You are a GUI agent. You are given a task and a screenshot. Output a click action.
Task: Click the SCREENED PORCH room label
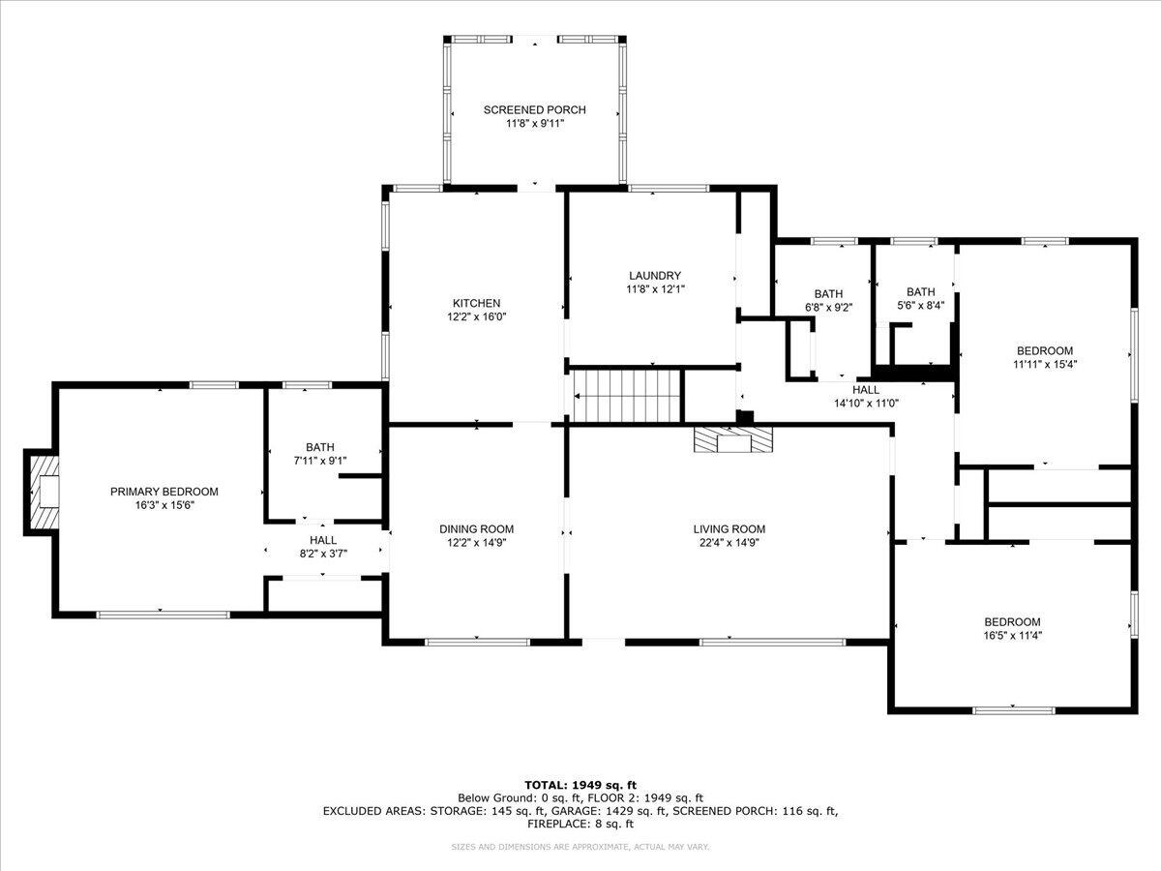[535, 110]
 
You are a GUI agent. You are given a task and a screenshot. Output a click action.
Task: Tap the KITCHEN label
[477, 303]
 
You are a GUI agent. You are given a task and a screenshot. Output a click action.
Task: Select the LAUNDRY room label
[655, 276]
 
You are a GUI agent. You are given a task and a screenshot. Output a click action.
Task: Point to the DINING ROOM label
[477, 528]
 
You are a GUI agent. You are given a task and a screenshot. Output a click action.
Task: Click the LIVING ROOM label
[729, 528]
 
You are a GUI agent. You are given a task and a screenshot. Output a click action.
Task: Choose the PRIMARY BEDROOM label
[164, 492]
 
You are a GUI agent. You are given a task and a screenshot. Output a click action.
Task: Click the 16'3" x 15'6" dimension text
[165, 505]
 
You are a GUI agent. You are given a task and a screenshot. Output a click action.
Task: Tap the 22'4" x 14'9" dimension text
[729, 543]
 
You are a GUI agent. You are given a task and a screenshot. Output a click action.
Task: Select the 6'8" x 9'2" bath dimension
[829, 307]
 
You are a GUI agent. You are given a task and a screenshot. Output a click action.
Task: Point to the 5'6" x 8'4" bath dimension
[921, 305]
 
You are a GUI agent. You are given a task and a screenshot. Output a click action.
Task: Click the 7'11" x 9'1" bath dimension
[320, 461]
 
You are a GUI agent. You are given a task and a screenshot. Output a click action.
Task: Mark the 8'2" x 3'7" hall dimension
[323, 554]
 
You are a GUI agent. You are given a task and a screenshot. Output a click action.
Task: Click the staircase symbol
[626, 396]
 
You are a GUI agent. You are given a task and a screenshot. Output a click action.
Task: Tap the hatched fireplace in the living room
[733, 439]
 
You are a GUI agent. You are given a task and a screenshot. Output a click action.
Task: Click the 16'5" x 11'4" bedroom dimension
[1012, 636]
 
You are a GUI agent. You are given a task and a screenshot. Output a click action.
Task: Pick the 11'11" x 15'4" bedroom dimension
[1045, 364]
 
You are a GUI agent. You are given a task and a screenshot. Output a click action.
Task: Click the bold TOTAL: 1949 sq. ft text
[580, 785]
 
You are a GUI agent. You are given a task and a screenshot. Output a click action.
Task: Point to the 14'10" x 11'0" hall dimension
[866, 404]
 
